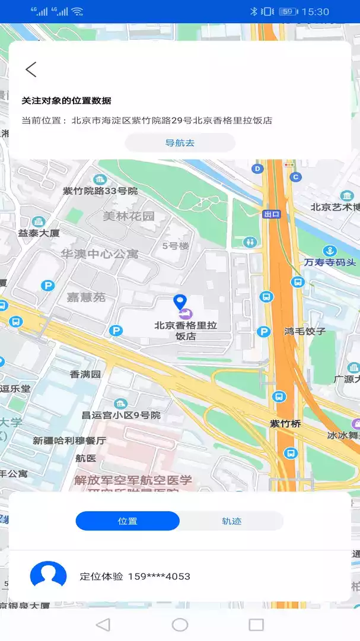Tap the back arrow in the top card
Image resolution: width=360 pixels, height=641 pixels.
31,69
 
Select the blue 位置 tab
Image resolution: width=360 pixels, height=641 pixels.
128,521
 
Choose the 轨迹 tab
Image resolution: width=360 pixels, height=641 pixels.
231,521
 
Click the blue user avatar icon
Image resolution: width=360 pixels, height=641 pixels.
48,576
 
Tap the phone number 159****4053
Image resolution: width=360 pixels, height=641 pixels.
159,576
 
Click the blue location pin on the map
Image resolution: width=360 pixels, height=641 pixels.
180,302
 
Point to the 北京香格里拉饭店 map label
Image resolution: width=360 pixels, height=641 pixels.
186,331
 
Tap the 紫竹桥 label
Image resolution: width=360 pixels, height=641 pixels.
285,424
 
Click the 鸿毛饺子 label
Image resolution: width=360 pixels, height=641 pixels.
305,331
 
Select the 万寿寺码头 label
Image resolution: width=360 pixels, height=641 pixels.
330,262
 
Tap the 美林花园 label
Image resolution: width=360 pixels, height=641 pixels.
129,216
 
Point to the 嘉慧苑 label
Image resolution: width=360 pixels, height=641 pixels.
86,297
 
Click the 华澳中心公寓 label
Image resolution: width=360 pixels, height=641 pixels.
100,254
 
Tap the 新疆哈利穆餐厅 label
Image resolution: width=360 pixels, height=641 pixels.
69,441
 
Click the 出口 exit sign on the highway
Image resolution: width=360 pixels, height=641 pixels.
272,214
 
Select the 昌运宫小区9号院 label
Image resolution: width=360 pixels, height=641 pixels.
121,415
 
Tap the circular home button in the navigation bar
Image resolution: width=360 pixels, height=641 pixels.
180,624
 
